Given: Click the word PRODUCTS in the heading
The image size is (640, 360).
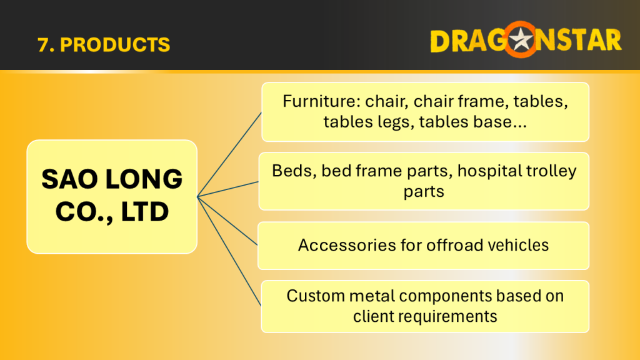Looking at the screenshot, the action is click(115, 45).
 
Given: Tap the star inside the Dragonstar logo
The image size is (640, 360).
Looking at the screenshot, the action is click(521, 39).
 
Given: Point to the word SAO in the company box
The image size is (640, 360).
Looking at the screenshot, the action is click(70, 179).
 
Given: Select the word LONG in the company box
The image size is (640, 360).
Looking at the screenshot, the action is click(144, 179).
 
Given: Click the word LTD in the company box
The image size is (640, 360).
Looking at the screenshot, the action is click(144, 211).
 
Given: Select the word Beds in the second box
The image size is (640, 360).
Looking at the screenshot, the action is click(292, 171).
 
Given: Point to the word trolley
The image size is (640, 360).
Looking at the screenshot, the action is click(551, 171).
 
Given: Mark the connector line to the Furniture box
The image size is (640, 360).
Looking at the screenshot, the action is click(229, 154).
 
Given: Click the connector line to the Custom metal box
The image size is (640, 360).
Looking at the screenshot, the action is click(229, 251).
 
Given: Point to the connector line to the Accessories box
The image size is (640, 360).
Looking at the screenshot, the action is click(227, 221).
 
